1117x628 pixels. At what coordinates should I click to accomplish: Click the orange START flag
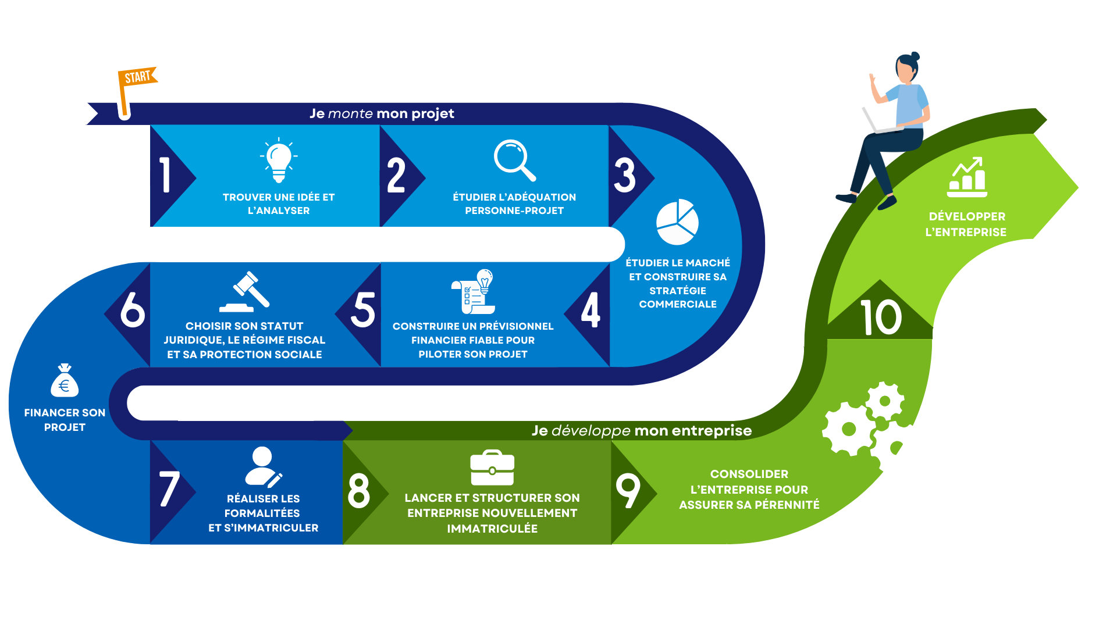pyautogui.click(x=137, y=78)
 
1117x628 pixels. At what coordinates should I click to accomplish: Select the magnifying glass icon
pyautogui.click(x=514, y=160)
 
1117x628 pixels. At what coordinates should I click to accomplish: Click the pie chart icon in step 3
pyautogui.click(x=677, y=222)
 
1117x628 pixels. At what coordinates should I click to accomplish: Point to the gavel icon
pyautogui.click(x=246, y=292)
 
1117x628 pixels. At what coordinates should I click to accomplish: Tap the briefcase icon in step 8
pyautogui.click(x=492, y=468)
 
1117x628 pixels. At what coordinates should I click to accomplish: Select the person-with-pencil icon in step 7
pyautogui.click(x=263, y=467)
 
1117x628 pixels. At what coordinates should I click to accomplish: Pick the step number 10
pyautogui.click(x=881, y=317)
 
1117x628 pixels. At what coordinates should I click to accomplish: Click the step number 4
pyautogui.click(x=590, y=310)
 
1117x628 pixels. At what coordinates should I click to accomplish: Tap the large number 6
pyautogui.click(x=133, y=310)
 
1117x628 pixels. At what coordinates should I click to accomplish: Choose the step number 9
pyautogui.click(x=628, y=491)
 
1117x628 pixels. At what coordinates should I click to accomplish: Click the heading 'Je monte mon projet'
pyautogui.click(x=382, y=113)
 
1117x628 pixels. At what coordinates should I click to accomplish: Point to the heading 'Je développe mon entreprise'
pyautogui.click(x=641, y=431)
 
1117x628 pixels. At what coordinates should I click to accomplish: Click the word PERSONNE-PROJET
pyautogui.click(x=514, y=210)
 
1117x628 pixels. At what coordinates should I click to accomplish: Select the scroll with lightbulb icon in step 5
pyautogui.click(x=473, y=292)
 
